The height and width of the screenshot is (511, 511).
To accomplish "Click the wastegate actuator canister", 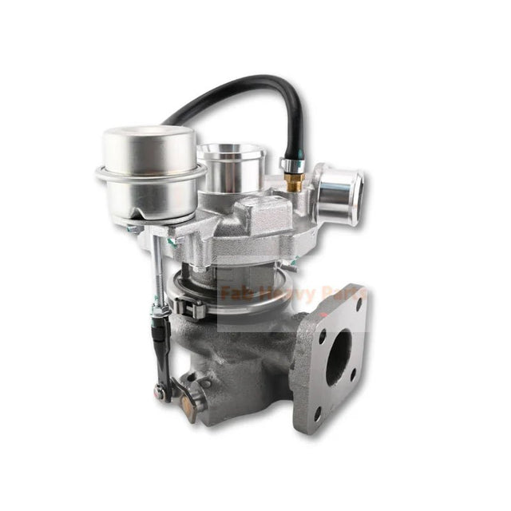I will (149, 152).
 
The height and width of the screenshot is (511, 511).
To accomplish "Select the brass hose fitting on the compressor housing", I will (291, 182).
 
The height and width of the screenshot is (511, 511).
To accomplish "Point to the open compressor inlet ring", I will (232, 153).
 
